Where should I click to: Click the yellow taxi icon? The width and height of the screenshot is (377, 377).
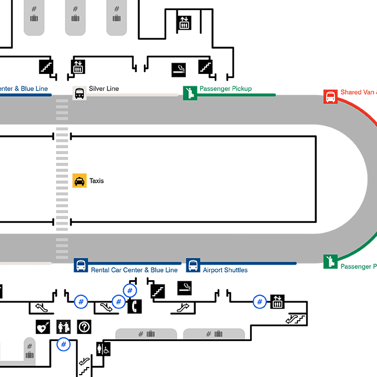(x=80, y=181)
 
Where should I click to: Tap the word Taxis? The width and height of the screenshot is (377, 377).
(x=96, y=181)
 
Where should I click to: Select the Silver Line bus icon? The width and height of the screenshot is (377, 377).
(x=79, y=93)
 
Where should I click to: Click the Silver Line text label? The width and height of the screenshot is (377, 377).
(x=104, y=89)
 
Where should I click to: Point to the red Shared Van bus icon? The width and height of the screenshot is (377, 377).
(x=330, y=96)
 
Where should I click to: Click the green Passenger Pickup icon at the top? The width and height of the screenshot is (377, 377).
(x=189, y=92)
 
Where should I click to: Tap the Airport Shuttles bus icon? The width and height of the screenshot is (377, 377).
(x=193, y=265)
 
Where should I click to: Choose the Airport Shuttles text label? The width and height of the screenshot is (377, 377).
(x=225, y=270)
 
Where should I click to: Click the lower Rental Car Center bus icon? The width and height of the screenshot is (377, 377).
(x=81, y=265)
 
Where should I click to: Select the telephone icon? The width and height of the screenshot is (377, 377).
(x=135, y=307)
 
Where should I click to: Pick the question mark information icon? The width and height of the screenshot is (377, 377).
(x=84, y=326)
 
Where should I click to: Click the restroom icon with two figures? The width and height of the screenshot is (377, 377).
(x=63, y=326)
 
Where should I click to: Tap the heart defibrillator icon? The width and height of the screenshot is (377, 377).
(x=42, y=326)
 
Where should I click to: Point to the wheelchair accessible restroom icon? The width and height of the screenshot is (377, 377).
(x=106, y=349)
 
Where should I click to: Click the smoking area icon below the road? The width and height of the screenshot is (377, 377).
(x=185, y=288)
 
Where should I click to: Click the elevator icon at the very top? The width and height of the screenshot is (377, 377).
(x=184, y=22)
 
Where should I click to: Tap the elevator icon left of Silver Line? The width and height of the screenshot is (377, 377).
(x=78, y=66)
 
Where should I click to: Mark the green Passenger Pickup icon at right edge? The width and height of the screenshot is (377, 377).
(x=330, y=261)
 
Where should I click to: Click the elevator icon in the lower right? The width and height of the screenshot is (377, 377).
(x=277, y=301)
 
